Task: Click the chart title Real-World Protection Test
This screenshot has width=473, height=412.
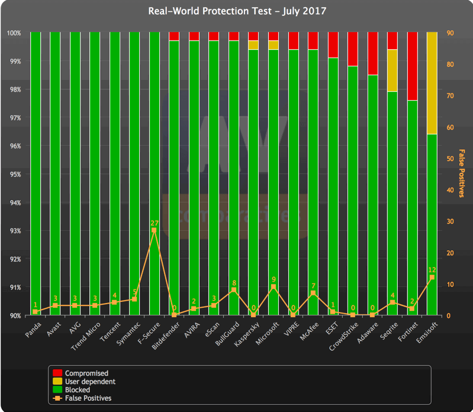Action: pos(236,11)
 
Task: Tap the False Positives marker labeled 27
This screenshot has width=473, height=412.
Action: pos(155,230)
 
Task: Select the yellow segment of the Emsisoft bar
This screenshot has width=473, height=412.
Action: pos(432,83)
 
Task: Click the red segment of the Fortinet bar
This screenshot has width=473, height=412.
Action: pos(412,66)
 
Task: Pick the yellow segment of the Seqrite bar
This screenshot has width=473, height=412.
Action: pos(392,70)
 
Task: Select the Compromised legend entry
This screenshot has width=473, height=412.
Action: pos(86,373)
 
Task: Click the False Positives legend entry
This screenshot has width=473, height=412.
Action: pos(88,398)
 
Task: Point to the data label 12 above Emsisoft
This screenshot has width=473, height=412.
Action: pos(432,270)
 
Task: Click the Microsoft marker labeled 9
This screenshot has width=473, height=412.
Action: pos(273,287)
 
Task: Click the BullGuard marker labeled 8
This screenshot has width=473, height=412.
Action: pos(234,290)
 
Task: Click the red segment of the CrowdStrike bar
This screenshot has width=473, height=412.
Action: pos(352,49)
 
